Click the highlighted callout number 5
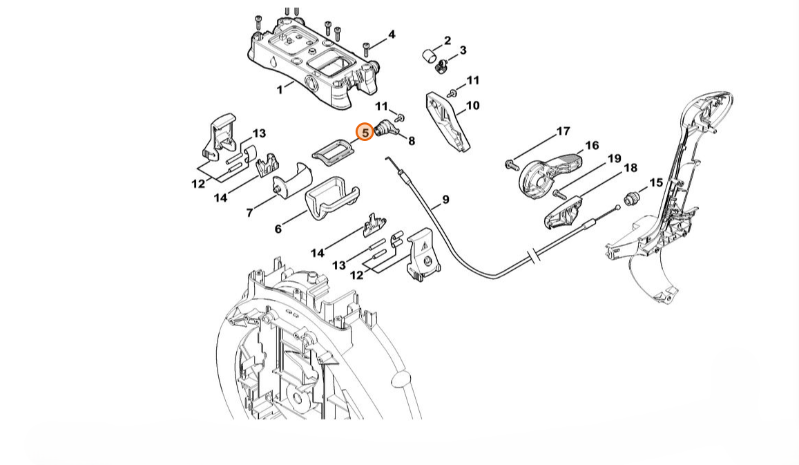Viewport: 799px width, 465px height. coord(365,133)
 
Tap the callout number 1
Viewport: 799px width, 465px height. coord(279,90)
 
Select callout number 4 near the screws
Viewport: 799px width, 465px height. coord(392,35)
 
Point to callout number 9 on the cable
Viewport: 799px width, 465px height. coord(445,200)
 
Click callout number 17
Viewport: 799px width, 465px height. coord(563,131)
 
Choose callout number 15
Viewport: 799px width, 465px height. coord(656,182)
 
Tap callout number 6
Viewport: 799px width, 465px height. coord(278,229)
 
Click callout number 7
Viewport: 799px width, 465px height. coord(249,213)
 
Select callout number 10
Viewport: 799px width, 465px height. coord(472,106)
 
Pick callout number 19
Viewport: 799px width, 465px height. coord(614,158)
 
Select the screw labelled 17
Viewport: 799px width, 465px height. coord(510,164)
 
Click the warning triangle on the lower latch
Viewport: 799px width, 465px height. coord(424,246)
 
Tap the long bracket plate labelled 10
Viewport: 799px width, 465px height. coord(447,122)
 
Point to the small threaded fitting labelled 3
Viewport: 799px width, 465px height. coord(442,66)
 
